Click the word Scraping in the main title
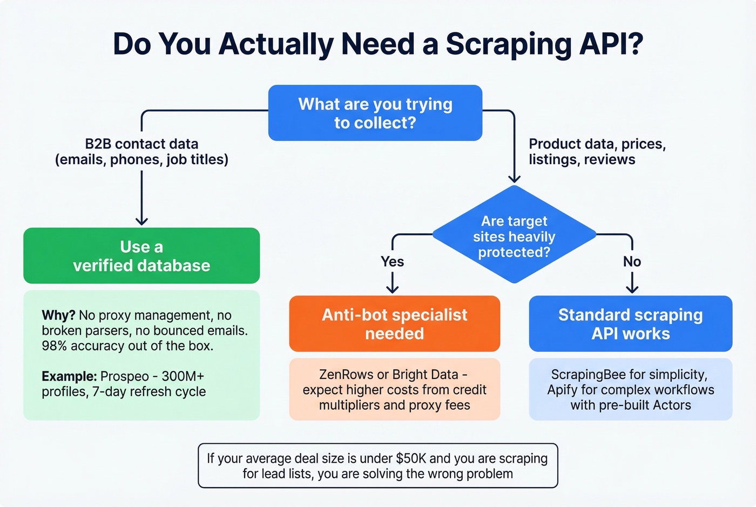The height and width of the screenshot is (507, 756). (508, 45)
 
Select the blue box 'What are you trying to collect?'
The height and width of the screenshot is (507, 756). (375, 113)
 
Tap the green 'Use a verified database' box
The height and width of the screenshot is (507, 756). (141, 256)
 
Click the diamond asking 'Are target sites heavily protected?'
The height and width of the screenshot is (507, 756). (514, 236)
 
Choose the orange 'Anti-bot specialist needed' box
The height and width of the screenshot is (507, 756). (394, 323)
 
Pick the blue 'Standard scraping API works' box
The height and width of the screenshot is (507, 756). (630, 323)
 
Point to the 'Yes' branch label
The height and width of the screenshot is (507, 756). (392, 262)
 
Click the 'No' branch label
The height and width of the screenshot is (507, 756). (632, 262)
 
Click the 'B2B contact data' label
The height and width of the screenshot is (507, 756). (141, 144)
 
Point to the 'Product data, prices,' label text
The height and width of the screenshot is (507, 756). (597, 144)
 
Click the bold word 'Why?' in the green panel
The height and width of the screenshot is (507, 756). (58, 315)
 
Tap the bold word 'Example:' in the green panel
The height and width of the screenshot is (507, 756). (69, 376)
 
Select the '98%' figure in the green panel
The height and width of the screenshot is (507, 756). (55, 346)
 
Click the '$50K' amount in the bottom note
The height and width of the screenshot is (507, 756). (411, 458)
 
